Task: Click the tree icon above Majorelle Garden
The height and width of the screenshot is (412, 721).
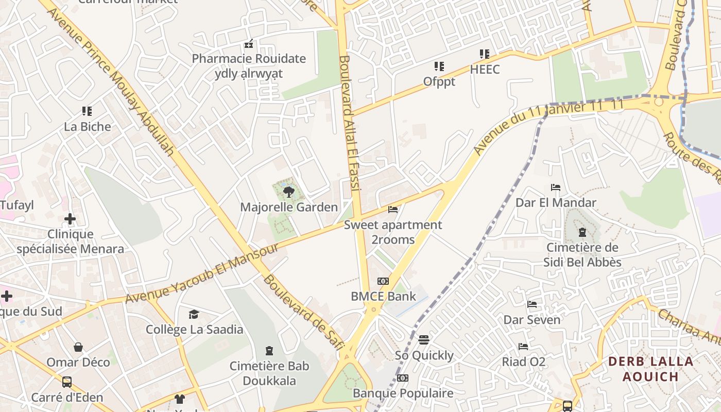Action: [288, 192]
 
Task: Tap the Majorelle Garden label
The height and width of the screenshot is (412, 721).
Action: [289, 207]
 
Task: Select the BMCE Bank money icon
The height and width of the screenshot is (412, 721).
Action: [383, 281]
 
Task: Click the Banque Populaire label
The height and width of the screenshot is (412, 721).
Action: [403, 393]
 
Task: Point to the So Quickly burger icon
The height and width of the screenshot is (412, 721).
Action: [424, 340]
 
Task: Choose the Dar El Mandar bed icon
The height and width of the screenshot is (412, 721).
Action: [556, 187]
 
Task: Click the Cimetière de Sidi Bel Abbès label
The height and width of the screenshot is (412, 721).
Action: [582, 255]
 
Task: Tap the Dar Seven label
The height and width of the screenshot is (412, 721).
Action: [532, 320]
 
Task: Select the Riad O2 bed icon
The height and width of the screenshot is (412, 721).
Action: [523, 347]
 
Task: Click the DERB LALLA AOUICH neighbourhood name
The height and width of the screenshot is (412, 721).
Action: [651, 369]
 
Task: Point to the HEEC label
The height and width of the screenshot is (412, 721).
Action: [485, 69]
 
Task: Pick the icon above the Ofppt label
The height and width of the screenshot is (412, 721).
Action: [439, 66]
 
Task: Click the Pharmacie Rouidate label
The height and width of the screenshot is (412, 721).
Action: [249, 59]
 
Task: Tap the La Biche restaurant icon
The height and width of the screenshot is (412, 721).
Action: [87, 111]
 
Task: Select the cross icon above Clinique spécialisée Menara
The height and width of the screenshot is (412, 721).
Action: [70, 219]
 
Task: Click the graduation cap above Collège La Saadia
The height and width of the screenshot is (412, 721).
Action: [194, 314]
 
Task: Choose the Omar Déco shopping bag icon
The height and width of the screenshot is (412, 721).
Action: [78, 347]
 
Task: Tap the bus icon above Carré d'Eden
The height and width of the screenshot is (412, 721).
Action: [67, 382]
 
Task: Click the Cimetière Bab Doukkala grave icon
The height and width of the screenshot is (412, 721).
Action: [269, 351]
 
